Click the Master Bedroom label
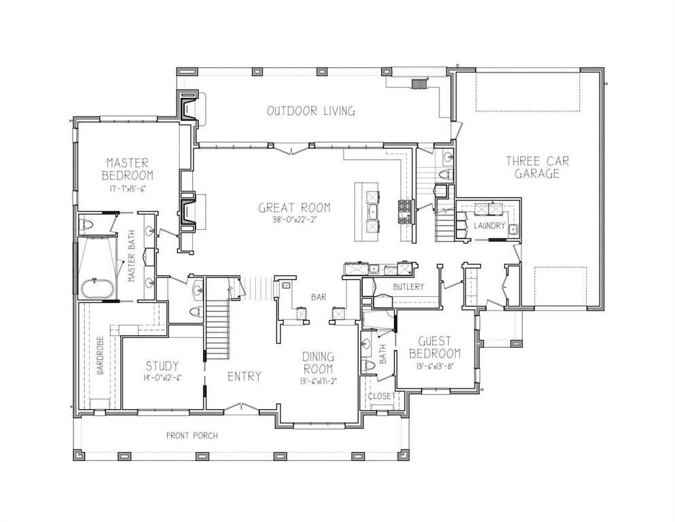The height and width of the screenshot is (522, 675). coord(128,169)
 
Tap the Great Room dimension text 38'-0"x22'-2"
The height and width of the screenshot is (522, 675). coord(294,220)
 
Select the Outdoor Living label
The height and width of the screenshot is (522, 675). coord(310,111)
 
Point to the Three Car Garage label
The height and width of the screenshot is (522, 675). coord(536,167)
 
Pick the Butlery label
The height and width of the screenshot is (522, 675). coord(407,287)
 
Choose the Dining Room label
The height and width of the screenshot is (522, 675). coord(317,362)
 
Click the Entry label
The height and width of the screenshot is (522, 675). coord(244,377)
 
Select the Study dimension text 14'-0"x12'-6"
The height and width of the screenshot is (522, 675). coord(162,378)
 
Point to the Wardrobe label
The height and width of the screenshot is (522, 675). coord(99,356)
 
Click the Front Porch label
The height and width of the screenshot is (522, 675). coord(192,436)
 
